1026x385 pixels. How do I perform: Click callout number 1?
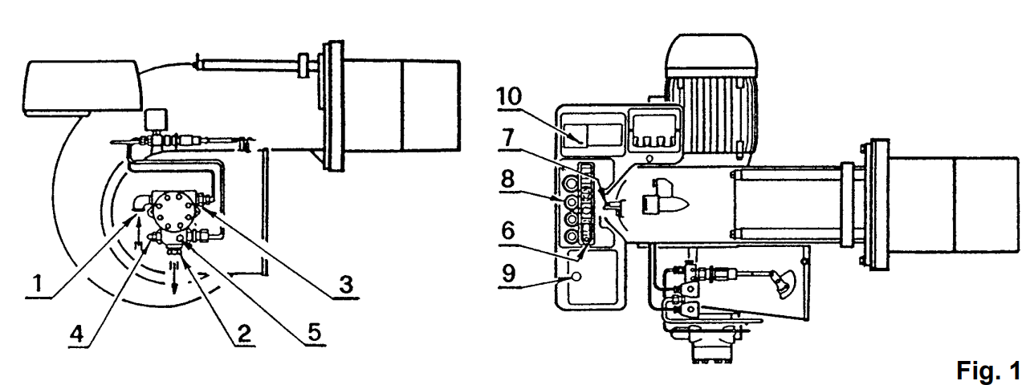[x=38, y=283]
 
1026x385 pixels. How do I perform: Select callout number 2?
[x=244, y=334]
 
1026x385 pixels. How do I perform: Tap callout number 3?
[x=346, y=284]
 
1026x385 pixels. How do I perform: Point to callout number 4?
[x=76, y=334]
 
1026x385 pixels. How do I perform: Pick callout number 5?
[x=315, y=332]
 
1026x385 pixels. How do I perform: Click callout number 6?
[x=508, y=230]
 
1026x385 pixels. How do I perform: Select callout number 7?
[x=507, y=138]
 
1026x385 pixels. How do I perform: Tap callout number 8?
[x=507, y=179]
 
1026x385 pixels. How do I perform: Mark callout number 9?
[x=508, y=274]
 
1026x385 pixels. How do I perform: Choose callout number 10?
[x=509, y=96]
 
